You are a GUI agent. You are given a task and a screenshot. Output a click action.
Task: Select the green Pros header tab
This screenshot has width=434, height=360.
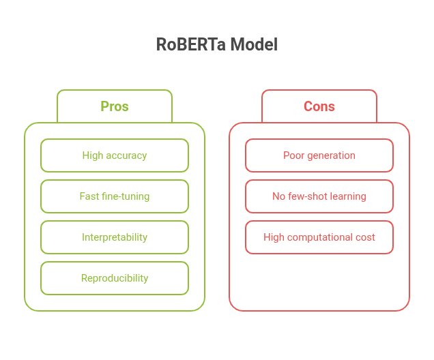[115, 106]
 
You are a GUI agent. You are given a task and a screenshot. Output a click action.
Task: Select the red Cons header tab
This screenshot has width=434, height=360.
[319, 106]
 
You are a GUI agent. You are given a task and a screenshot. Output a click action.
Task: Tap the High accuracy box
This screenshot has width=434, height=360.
[115, 155]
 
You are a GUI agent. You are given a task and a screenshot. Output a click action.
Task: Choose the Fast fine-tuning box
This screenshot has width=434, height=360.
[115, 196]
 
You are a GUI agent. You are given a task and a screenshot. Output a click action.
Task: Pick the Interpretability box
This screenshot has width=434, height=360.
[115, 237]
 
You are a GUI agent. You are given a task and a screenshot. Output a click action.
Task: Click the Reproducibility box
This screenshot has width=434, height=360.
[115, 278]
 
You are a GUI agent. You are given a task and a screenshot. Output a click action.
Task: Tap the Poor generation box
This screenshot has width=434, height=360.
[319, 155]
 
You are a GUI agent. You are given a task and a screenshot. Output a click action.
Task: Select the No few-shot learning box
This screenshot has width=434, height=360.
[319, 196]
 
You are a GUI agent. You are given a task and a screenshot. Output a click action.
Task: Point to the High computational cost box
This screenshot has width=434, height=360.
[319, 237]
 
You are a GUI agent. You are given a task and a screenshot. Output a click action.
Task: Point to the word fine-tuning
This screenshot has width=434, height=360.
[126, 196]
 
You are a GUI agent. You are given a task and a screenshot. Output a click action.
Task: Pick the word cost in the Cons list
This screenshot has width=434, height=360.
[364, 237]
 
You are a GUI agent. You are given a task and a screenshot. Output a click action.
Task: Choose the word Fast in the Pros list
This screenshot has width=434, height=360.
[89, 196]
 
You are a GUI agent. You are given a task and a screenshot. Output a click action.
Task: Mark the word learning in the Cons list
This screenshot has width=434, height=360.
[349, 196]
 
